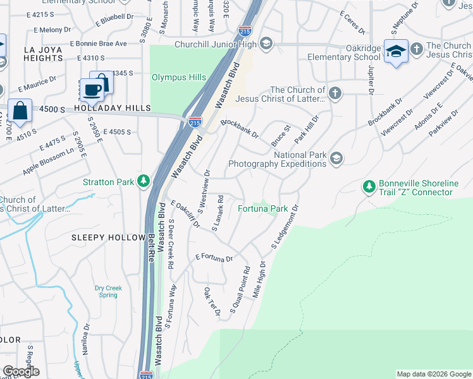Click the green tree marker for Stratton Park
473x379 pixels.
pos(144,182)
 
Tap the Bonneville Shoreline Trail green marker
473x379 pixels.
pos(369,187)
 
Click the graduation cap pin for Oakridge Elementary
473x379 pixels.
pos(396,51)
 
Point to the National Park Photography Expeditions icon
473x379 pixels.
pos(336,159)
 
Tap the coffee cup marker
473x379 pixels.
pos(92,90)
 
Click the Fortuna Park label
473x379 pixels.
pos(262,208)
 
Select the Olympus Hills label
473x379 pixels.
pos(178,77)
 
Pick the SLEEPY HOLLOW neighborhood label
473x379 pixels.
pos(108,238)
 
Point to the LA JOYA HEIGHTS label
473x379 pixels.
pos(43,54)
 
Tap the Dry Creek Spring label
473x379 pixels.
pos(108,291)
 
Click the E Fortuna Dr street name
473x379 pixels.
pos(214,258)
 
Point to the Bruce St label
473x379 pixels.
pos(281,136)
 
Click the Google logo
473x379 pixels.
pos(21,371)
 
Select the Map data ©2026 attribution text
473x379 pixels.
pos(433,374)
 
